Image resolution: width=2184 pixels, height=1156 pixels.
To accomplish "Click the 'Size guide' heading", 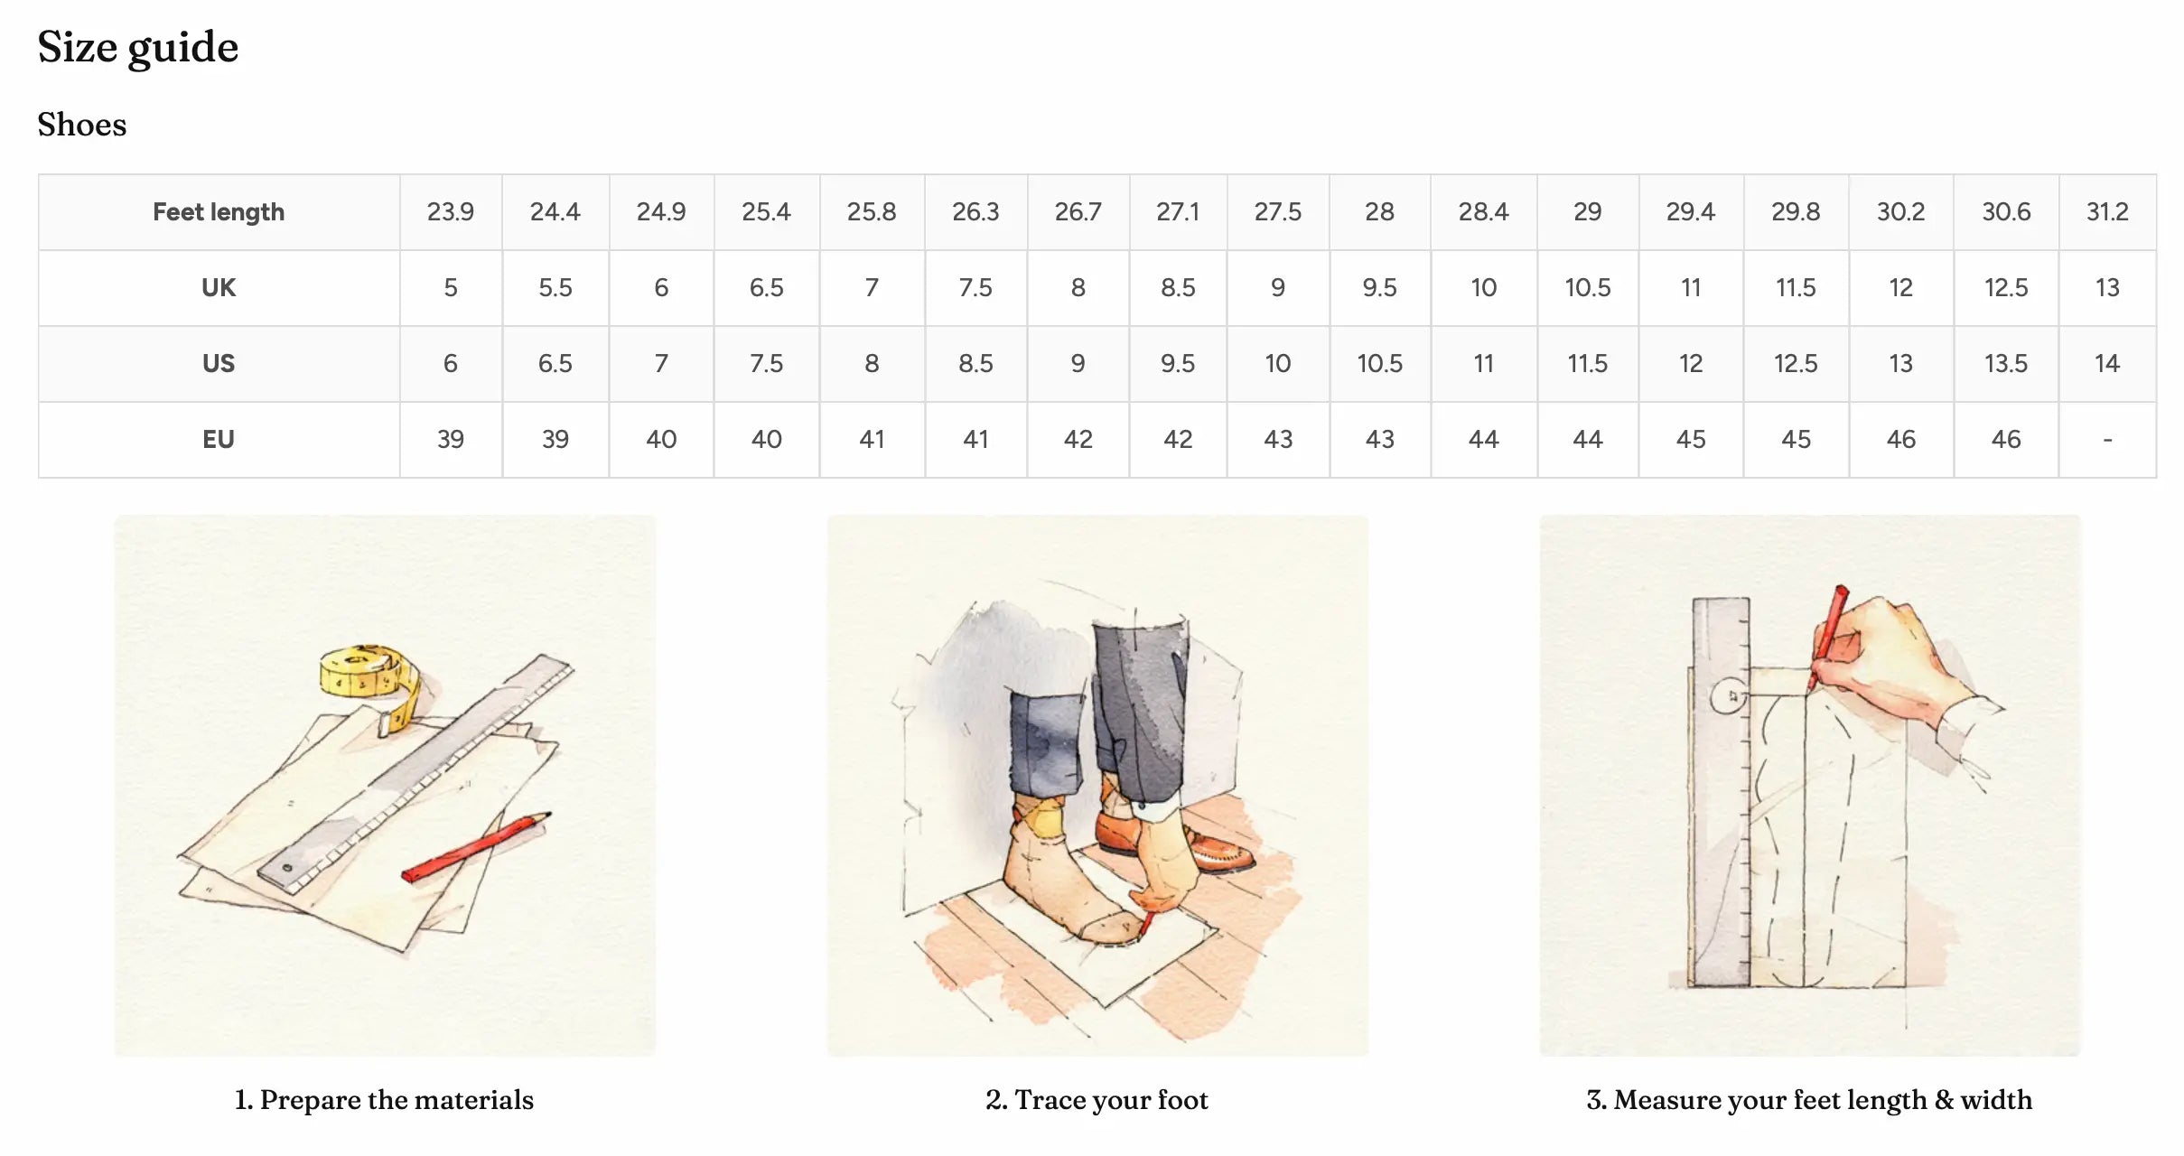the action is coord(138,48).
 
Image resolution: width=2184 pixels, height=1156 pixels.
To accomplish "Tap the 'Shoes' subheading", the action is coord(82,125).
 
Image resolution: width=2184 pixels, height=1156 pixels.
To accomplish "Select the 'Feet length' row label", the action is coord(219,212).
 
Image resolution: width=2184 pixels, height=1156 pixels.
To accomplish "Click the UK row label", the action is coord(219,288).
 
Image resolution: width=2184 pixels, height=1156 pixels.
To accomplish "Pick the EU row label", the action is coord(219,440).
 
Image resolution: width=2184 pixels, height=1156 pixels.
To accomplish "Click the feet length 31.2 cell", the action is coord(2107,212).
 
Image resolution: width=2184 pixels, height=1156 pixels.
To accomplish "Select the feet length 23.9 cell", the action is coord(451,212).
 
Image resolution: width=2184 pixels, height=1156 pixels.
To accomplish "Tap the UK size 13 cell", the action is coord(2107,288).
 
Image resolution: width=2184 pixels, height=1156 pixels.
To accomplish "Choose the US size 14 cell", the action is coord(2107,364).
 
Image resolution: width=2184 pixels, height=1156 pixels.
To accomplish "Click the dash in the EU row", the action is coord(2107,441).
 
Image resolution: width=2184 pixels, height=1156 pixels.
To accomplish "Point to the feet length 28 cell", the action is coord(1380,212).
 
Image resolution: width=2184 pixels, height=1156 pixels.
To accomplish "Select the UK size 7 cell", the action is coord(872,288).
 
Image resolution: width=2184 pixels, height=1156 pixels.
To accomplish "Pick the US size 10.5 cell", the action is coord(1380,364).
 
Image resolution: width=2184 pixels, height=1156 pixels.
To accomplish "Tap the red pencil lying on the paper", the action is coord(476,846).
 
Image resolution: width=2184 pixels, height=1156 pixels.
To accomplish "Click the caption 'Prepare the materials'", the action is coord(397,1100).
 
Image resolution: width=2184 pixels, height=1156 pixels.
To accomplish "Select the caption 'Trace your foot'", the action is coord(1111,1100).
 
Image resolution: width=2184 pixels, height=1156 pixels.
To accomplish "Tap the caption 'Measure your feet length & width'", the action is coord(1823,1100).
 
